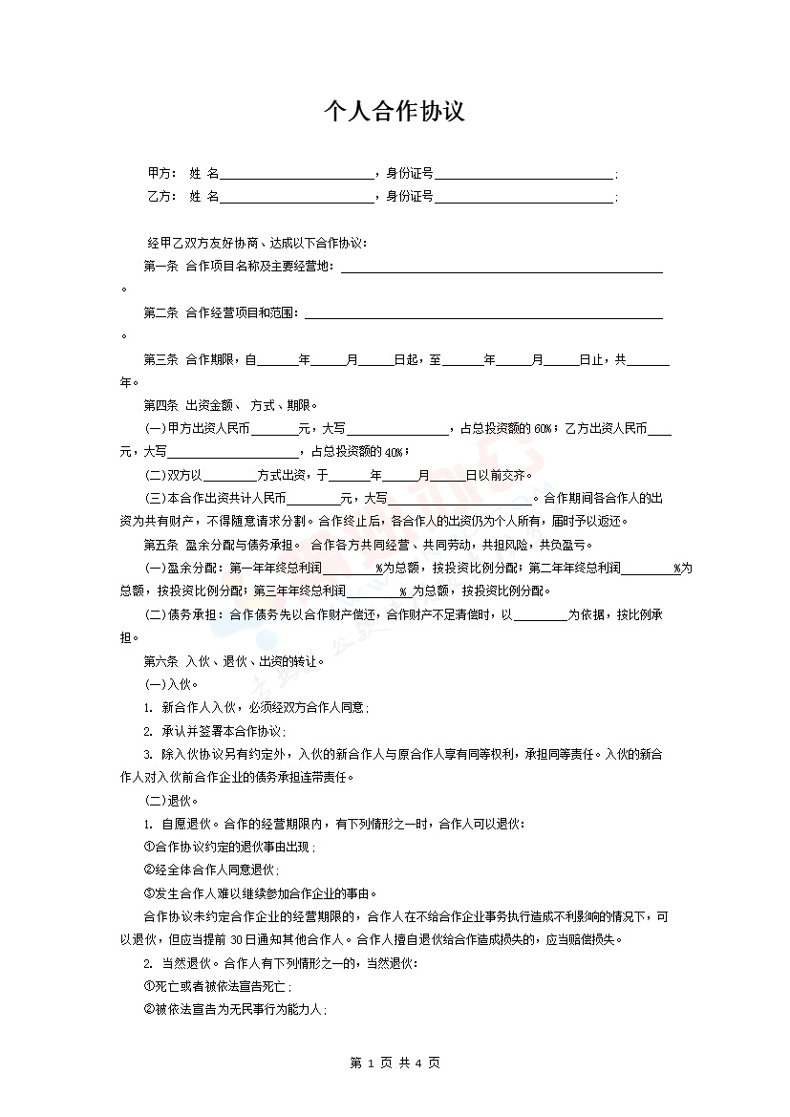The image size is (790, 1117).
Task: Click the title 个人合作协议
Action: [x=395, y=112]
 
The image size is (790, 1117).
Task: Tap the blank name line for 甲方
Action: [x=297, y=175]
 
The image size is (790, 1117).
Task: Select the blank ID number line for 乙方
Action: [x=523, y=199]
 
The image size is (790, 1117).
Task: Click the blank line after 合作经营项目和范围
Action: [x=482, y=314]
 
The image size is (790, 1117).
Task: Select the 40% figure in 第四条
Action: [x=395, y=452]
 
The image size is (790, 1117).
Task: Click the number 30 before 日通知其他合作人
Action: [x=239, y=939]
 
